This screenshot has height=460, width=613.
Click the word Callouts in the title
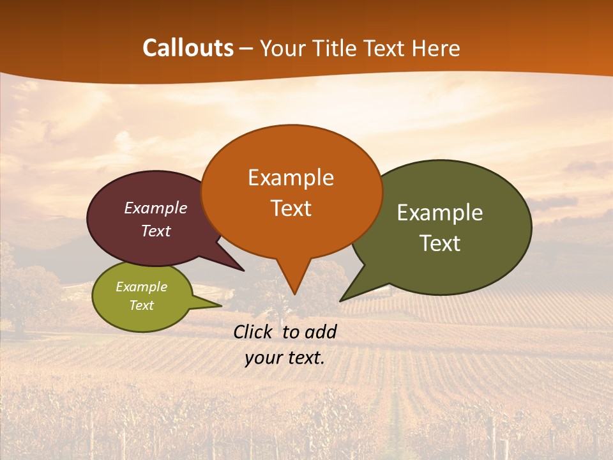(x=188, y=49)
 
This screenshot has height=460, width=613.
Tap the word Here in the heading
(x=436, y=49)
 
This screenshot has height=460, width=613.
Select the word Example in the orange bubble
(x=291, y=178)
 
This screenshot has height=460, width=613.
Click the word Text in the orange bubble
(x=291, y=208)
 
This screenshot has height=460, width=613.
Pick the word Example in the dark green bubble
(x=440, y=213)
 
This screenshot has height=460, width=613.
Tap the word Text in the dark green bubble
(x=440, y=243)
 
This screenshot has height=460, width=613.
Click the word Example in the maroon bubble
(x=156, y=208)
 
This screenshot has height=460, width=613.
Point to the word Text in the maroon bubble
(x=156, y=231)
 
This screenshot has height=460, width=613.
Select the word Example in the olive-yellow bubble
(x=141, y=287)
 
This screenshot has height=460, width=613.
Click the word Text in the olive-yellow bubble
(x=141, y=305)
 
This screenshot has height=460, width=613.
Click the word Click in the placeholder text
(x=254, y=332)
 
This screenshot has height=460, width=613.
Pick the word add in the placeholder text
(x=321, y=332)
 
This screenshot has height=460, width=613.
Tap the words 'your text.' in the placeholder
(x=285, y=358)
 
